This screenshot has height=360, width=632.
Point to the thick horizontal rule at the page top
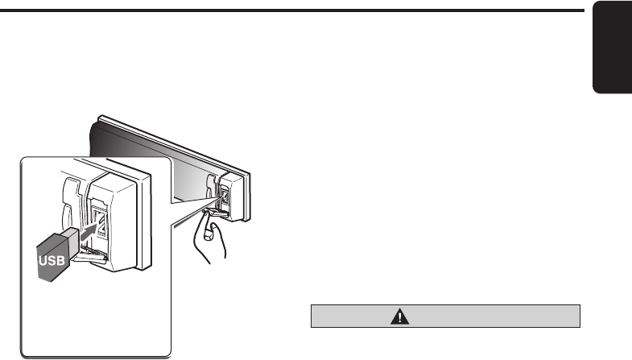pos(290,10)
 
